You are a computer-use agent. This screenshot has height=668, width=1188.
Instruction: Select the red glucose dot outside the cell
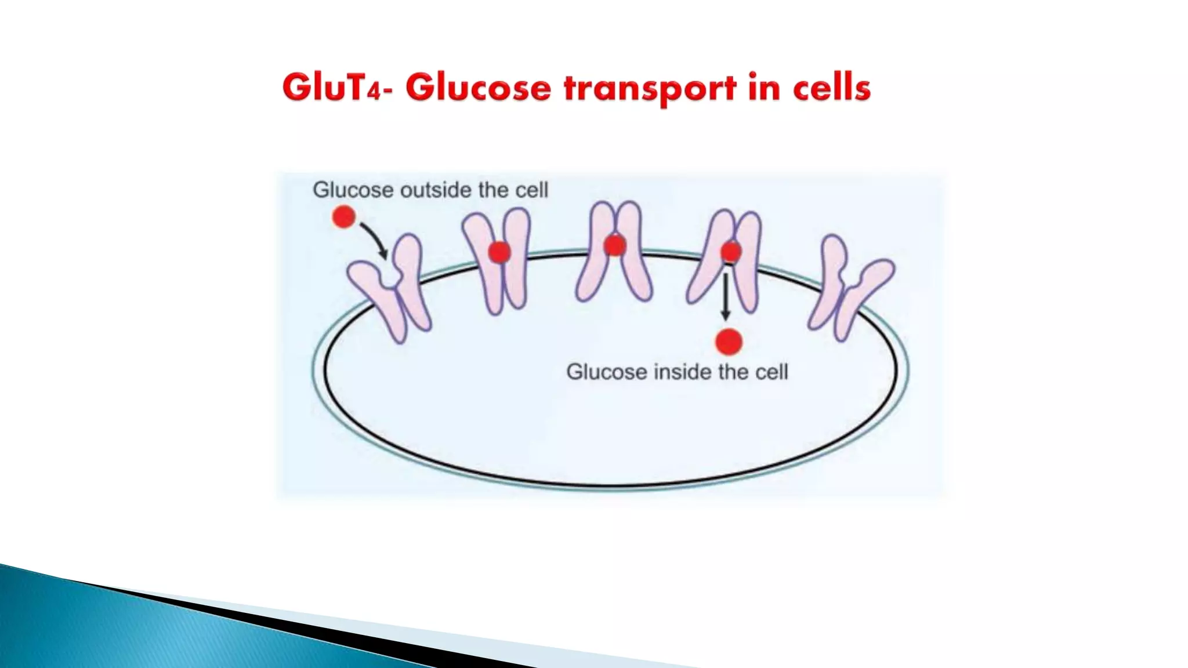343,217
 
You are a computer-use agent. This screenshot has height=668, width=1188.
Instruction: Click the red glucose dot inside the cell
729,342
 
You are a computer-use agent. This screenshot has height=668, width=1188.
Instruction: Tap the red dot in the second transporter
499,252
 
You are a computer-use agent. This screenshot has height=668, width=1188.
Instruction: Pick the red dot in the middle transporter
614,246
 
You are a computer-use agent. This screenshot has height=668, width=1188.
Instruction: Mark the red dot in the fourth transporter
730,252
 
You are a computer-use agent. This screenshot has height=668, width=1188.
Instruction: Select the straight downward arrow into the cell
725,296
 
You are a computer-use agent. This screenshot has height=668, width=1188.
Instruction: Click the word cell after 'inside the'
772,372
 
